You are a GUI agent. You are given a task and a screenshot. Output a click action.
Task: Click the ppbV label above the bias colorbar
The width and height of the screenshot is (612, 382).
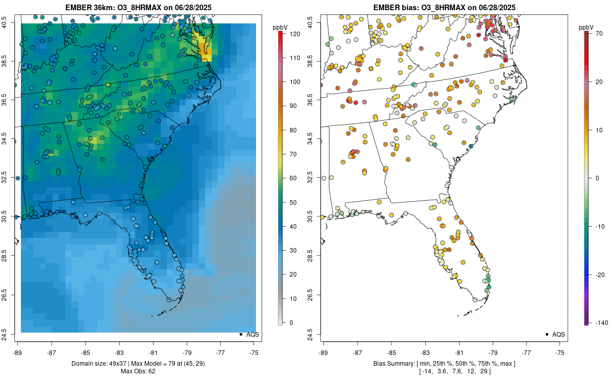coord(586,27)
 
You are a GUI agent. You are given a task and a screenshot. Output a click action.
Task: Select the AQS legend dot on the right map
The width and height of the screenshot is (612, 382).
coord(547,335)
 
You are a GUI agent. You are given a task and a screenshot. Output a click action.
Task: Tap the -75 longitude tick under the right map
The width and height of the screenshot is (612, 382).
coord(560,352)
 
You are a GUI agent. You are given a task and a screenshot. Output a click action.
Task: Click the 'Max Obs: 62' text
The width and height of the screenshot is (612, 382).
coord(138,371)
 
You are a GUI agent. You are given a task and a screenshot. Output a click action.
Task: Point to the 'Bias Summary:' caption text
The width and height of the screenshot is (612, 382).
coord(394,364)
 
